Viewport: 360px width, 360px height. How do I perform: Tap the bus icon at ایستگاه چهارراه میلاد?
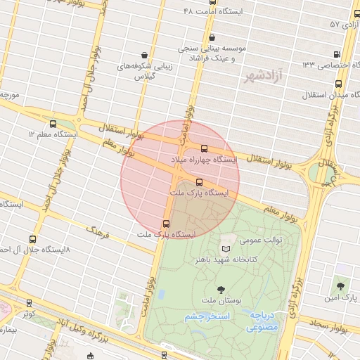tap(205, 149)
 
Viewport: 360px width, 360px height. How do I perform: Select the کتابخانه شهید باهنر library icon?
tap(225, 249)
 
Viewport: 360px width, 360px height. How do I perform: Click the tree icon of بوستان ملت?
tap(221, 290)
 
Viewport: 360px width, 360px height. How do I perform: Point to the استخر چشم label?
tap(208, 317)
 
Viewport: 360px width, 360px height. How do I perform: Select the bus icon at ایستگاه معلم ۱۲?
tap(53, 123)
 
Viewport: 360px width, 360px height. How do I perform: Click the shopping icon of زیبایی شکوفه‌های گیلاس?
tap(144, 55)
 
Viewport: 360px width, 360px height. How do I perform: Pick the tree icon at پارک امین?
tap(341, 286)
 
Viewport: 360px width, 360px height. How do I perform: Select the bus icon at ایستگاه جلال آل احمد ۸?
tap(32, 239)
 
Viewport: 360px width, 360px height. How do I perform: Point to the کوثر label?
tap(28, 314)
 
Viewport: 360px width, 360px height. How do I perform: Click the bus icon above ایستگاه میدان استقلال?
tap(338, 84)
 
